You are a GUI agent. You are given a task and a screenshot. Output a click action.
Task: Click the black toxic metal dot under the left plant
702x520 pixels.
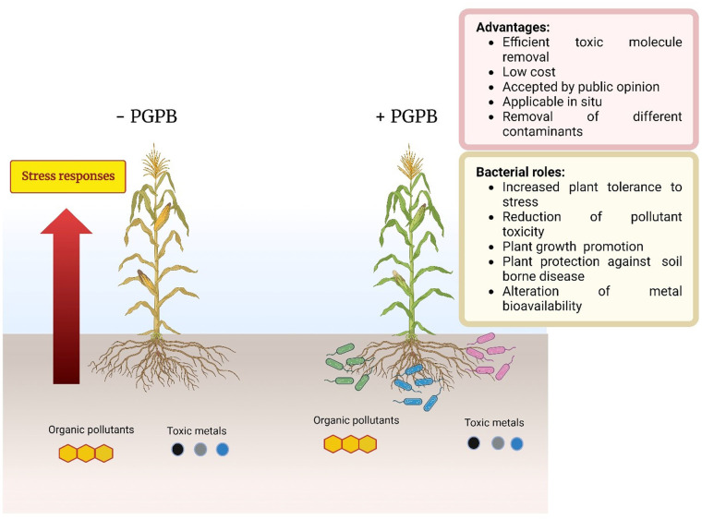pyautogui.click(x=177, y=450)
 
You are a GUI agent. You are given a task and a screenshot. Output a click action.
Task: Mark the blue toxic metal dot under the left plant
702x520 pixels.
pyautogui.click(x=222, y=450)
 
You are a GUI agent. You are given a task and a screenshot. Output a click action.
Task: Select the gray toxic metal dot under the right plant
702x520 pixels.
pyautogui.click(x=497, y=443)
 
